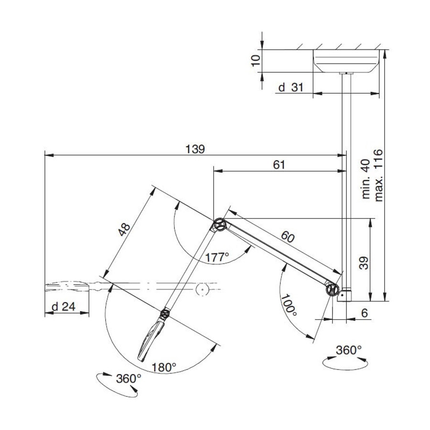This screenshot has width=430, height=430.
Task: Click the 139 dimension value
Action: (x=195, y=150)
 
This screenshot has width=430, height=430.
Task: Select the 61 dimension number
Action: (x=279, y=165)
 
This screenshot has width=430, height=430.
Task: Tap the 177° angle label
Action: (x=217, y=257)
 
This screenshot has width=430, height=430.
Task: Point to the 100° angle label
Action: (x=289, y=305)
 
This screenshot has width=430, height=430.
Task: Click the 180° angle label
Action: (x=164, y=367)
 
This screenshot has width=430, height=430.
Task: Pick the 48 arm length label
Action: (x=124, y=230)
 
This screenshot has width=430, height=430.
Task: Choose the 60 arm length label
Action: (x=288, y=236)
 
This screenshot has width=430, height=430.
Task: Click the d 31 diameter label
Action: (x=290, y=87)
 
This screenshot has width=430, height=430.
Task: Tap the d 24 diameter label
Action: (x=64, y=307)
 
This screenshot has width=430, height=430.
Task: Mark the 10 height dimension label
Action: (x=256, y=61)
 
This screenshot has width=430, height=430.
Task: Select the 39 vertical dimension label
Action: (x=364, y=263)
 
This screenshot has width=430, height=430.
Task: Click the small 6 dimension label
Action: (x=364, y=313)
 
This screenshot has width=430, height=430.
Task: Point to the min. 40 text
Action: (x=366, y=179)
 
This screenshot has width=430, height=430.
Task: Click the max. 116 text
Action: (x=378, y=175)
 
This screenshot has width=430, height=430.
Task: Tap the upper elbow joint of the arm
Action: (x=219, y=226)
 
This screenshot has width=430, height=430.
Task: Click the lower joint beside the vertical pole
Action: (x=333, y=290)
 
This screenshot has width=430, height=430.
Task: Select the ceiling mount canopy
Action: (x=346, y=61)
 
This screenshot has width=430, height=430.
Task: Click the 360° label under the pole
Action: (x=349, y=350)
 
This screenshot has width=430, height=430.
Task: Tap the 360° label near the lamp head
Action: (x=129, y=379)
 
